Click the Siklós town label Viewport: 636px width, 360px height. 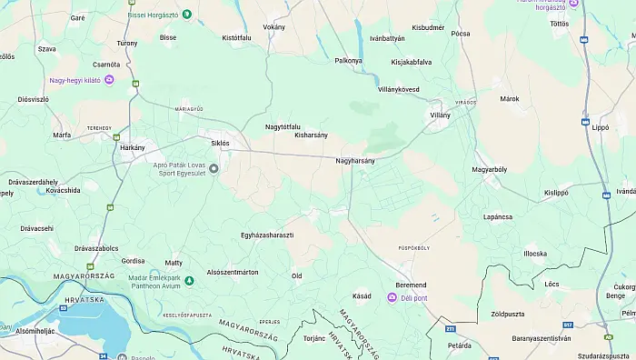(x=220, y=143)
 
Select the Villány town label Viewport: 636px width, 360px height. (x=440, y=115)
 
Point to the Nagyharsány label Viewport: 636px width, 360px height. (x=355, y=160)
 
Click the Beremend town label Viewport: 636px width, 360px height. (x=411, y=285)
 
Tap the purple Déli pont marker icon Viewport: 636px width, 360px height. (x=393, y=298)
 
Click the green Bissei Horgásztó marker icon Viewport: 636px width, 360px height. (x=186, y=14)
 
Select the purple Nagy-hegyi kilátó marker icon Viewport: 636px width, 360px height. (x=109, y=80)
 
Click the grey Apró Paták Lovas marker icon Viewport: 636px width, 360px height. (x=214, y=168)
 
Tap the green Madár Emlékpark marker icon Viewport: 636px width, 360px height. (x=188, y=280)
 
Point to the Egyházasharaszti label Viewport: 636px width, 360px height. (x=267, y=235)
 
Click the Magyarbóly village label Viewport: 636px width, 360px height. (x=490, y=169)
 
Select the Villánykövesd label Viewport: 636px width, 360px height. (x=398, y=89)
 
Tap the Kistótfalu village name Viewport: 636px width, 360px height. (x=236, y=38)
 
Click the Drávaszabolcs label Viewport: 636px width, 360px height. (x=96, y=247)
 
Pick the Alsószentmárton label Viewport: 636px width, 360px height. (x=233, y=272)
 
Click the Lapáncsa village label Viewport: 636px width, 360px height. (x=498, y=217)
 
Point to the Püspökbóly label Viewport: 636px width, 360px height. (x=414, y=247)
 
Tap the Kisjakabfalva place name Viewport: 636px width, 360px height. (x=411, y=62)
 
